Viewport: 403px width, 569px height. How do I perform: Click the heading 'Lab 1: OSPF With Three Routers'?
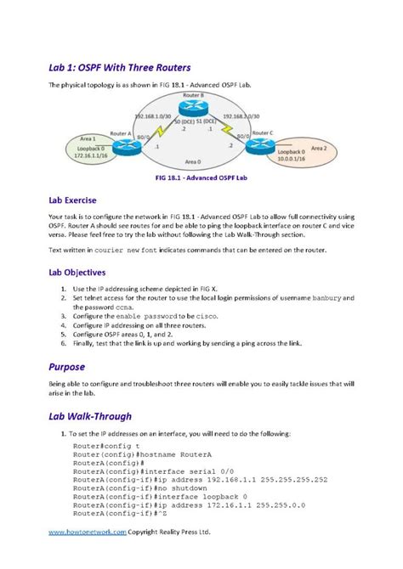tap(119, 66)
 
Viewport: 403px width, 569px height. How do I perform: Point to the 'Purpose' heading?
tap(68, 368)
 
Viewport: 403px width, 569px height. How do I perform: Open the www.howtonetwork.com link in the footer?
tap(87, 532)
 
